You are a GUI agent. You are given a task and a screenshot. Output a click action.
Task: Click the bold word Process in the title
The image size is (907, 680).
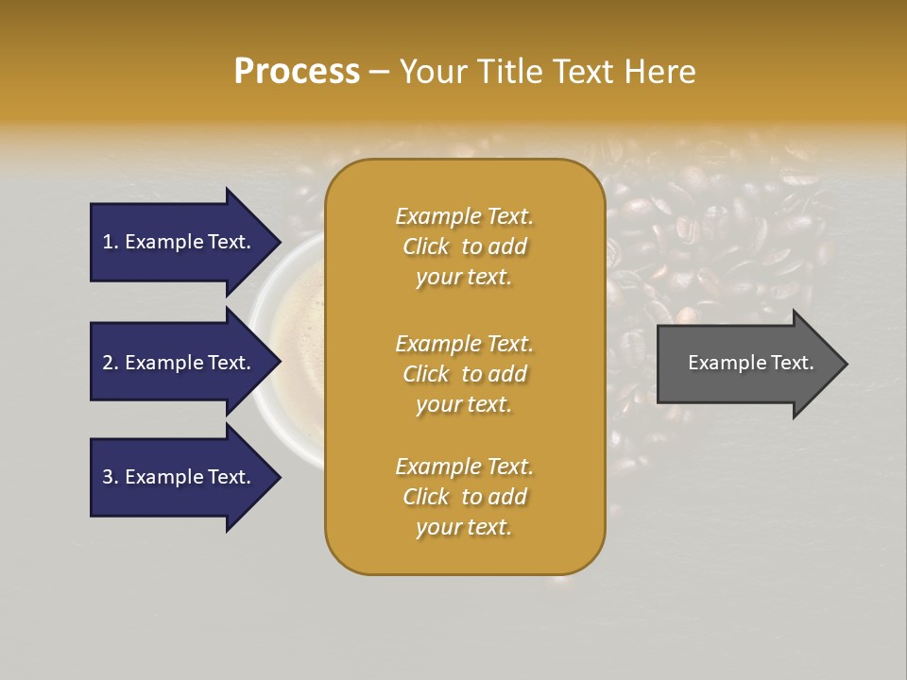[297, 72]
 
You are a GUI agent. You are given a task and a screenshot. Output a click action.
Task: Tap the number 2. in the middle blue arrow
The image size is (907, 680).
[111, 363]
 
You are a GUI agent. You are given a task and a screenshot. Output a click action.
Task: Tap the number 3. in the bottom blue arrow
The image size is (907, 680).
[111, 477]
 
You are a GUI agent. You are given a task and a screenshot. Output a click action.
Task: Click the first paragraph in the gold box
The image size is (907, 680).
[464, 246]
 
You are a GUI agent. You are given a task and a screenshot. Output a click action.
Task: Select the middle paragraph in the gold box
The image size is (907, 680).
[464, 373]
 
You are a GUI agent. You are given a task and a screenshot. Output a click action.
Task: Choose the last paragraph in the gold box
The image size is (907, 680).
[464, 497]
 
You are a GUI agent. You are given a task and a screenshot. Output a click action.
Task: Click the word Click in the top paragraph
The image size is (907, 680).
[426, 246]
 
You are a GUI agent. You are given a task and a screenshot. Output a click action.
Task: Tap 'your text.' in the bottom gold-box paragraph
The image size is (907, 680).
[464, 527]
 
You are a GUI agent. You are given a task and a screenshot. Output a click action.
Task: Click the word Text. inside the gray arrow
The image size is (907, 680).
[791, 363]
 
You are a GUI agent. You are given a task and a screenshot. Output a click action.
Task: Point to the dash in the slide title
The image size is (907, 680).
[379, 73]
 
